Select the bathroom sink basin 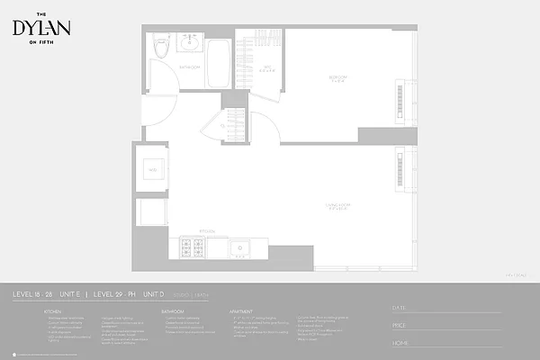pyautogui.click(x=190, y=42)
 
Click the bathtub pyautogui.click(x=219, y=63)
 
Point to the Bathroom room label pyautogui.click(x=189, y=67)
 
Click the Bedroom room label pyautogui.click(x=338, y=78)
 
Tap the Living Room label pyautogui.click(x=338, y=207)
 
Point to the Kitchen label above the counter pyautogui.click(x=206, y=229)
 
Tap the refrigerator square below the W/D pyautogui.click(x=151, y=213)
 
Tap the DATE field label pyautogui.click(x=399, y=308)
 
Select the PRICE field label pyautogui.click(x=400, y=325)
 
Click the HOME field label pyautogui.click(x=400, y=342)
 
